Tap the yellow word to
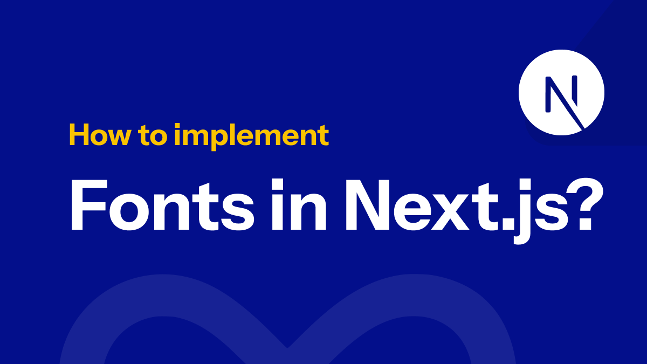154,136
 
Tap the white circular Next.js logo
561,92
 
